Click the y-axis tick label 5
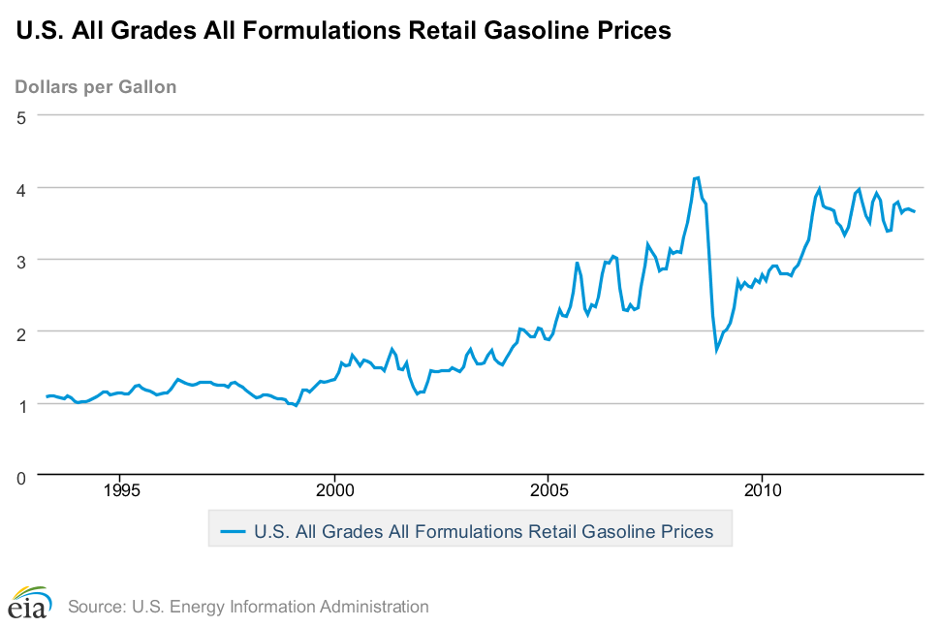[x=19, y=116]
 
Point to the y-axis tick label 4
[x=19, y=188]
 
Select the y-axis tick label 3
[x=19, y=260]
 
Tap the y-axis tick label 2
[x=19, y=332]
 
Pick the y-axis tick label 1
[x=19, y=404]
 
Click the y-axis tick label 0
[x=19, y=476]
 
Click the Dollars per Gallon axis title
[x=96, y=87]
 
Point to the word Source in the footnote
[x=94, y=608]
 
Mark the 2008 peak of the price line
[x=697, y=177]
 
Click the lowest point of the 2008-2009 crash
[x=717, y=349]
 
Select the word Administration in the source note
[x=377, y=608]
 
